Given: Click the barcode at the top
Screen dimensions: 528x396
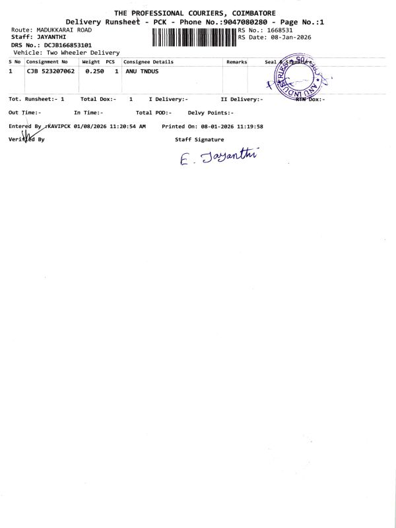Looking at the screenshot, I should (194, 38).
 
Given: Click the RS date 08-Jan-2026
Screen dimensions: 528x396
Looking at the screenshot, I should (286, 37).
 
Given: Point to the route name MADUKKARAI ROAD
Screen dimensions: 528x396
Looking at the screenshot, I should (61, 30).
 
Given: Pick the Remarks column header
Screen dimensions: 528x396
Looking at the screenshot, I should (236, 61).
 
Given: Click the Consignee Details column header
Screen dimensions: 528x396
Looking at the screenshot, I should (148, 61).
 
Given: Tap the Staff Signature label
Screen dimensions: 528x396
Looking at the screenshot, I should (199, 139).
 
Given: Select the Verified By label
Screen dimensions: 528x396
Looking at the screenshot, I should (26, 139).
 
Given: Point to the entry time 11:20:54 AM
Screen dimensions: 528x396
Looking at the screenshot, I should (122, 125).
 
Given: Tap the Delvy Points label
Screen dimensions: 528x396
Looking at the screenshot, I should (211, 112).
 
